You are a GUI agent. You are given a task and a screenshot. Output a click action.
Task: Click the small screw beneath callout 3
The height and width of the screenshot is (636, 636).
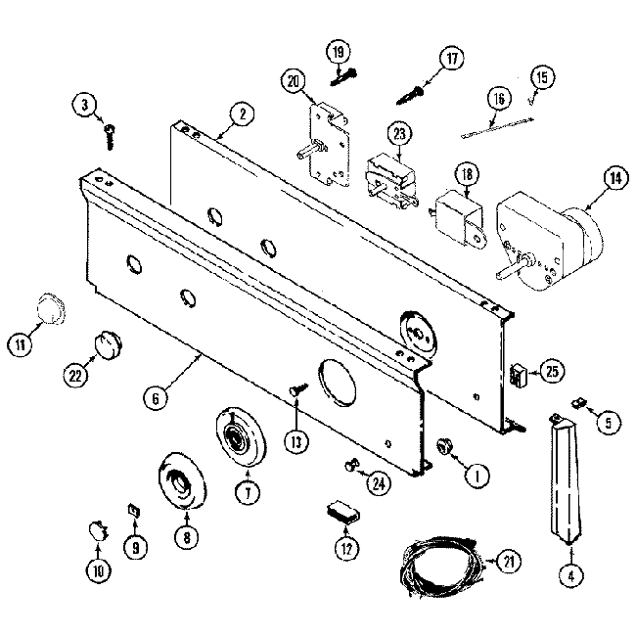110,129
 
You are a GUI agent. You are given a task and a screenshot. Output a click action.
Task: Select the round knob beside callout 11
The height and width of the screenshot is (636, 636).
45,307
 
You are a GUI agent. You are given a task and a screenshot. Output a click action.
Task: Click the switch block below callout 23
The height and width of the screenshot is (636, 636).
389,182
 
